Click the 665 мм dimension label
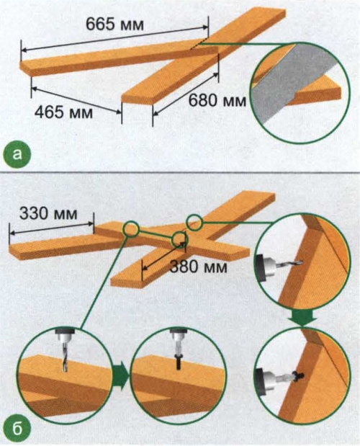(114, 24)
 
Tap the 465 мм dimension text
(63, 112)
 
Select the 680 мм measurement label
(217, 100)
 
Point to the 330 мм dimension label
(48, 213)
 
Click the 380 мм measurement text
(198, 267)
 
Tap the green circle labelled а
(17, 155)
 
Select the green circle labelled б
(17, 429)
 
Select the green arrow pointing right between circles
(121, 375)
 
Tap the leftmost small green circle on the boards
(131, 228)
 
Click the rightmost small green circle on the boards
(194, 222)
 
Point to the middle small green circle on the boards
(179, 240)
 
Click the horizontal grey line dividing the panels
(180, 173)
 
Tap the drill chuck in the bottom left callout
(65, 336)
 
